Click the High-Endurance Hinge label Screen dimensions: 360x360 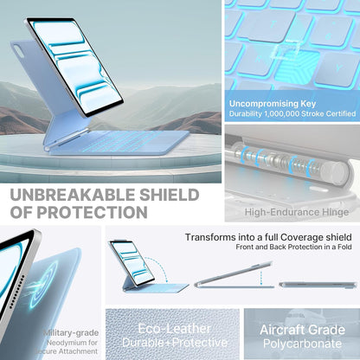click(x=296, y=212)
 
